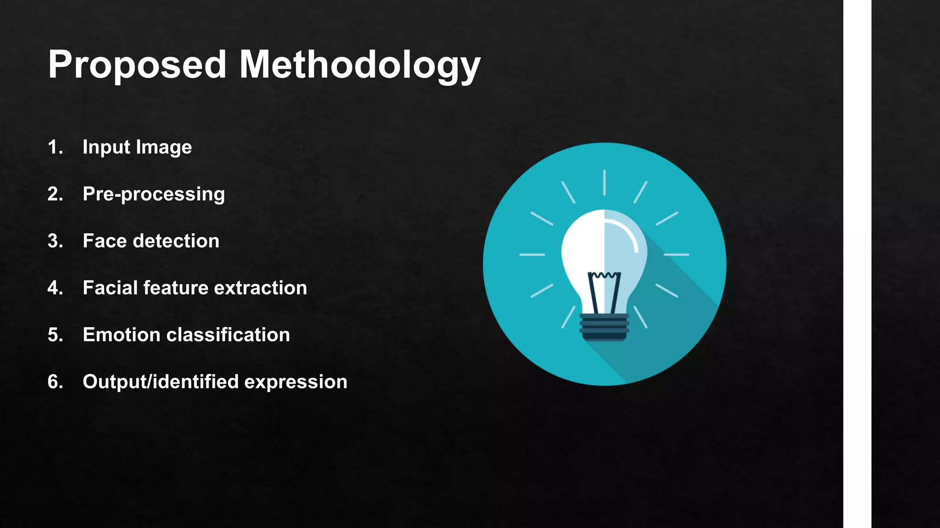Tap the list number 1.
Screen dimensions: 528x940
point(55,147)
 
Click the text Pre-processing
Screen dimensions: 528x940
point(154,194)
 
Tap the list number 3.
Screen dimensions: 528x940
point(55,241)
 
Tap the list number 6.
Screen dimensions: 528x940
point(55,382)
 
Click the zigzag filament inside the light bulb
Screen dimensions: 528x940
point(604,275)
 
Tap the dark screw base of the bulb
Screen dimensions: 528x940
point(604,327)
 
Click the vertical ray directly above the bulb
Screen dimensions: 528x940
point(604,182)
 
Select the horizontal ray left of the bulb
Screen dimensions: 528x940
point(532,254)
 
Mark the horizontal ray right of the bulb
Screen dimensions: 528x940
point(676,254)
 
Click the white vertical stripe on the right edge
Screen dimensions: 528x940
point(857,264)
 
